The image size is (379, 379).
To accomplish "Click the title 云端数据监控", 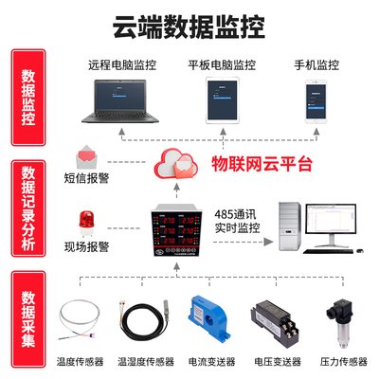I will [x=189, y=25].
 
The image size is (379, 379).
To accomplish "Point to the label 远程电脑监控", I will [x=122, y=66].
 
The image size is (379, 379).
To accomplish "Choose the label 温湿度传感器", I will [x=144, y=362].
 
